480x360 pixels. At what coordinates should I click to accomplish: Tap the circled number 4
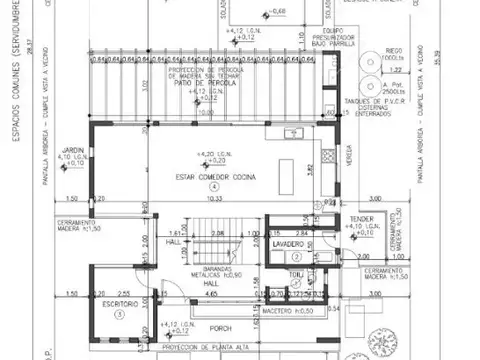tap(213, 187)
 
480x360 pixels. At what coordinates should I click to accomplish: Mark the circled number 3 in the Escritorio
tap(118, 313)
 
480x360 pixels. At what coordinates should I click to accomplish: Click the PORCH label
tap(221, 328)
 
